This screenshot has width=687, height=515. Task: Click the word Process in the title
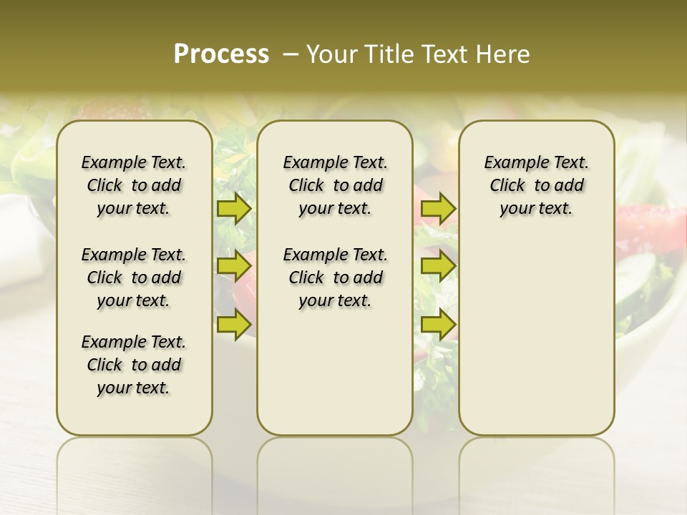221,54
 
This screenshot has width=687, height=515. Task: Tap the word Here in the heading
504,54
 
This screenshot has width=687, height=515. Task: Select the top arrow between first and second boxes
233,209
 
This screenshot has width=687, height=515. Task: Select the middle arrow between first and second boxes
233,267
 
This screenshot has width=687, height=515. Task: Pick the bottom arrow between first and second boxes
233,324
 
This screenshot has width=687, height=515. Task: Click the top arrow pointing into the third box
438,209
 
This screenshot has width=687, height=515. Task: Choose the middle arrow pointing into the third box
438,267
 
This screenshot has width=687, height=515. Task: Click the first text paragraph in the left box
134,185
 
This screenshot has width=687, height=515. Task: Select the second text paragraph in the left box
134,278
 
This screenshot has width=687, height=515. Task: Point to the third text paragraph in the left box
134,365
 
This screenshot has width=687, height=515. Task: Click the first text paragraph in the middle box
335,185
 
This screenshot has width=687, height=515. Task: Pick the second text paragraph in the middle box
335,278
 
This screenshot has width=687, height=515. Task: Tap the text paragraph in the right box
536,185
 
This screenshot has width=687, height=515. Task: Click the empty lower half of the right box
536,343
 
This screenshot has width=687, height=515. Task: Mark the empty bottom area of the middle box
335,379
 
